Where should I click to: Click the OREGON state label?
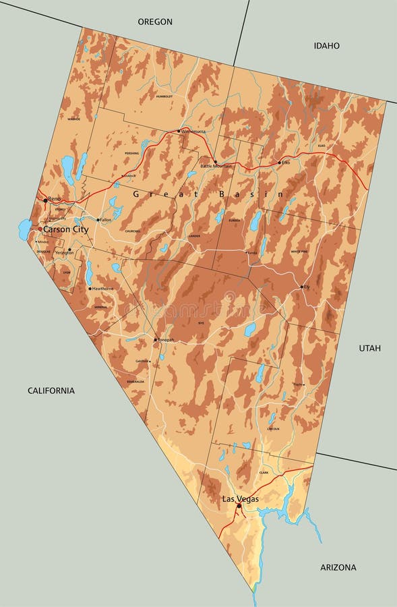pyautogui.click(x=155, y=22)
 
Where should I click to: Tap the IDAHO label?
pyautogui.click(x=326, y=46)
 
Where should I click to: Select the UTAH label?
pyautogui.click(x=369, y=348)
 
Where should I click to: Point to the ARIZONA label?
pyautogui.click(x=338, y=567)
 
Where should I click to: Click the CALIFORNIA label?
pyautogui.click(x=51, y=391)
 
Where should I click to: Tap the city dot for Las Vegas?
pyautogui.click(x=239, y=504)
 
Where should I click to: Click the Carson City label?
pyautogui.click(x=65, y=229)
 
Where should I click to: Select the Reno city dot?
pyautogui.click(x=45, y=200)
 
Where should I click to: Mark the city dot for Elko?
pyautogui.click(x=279, y=163)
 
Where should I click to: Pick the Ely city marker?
pyautogui.click(x=302, y=287)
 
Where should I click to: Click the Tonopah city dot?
pyautogui.click(x=155, y=339)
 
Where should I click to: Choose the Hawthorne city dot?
pyautogui.click(x=90, y=289)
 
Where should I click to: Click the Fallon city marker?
pyautogui.click(x=98, y=220)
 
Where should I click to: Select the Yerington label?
pyautogui.click(x=64, y=253)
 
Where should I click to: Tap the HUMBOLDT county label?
pyautogui.click(x=164, y=96)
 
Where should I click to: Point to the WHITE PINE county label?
pyautogui.click(x=299, y=252)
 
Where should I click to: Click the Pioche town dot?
pyautogui.click(x=303, y=384)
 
